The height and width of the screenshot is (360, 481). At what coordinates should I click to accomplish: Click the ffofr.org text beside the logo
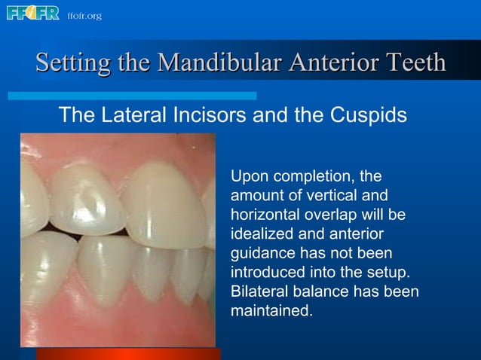coord(84,16)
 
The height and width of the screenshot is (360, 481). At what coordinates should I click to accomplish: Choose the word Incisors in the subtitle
coord(201,116)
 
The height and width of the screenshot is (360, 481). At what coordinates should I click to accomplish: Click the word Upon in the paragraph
coord(248,177)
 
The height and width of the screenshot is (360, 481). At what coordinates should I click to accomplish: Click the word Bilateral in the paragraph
coord(258,291)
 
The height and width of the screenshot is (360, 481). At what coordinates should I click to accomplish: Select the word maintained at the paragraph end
coord(270,310)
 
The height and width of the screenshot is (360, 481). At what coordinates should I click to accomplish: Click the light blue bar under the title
coord(132,96)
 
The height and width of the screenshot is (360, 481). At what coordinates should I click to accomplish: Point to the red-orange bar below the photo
coord(128,353)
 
